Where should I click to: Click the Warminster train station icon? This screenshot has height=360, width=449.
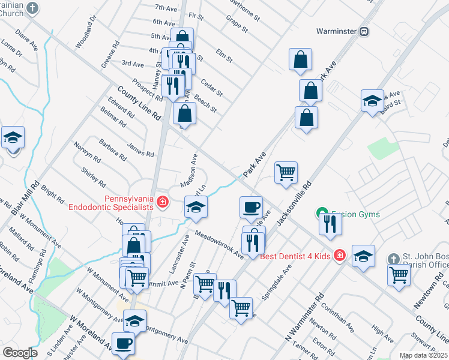point(364,31)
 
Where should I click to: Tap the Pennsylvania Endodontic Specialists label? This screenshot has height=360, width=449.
point(111,203)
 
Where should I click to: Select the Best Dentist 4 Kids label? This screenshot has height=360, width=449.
point(295,256)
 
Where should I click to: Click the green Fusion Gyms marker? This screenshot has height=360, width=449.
point(322,213)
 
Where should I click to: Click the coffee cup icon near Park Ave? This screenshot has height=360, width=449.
point(251,208)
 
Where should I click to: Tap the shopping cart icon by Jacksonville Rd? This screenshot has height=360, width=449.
point(286,173)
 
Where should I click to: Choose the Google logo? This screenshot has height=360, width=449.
point(20,353)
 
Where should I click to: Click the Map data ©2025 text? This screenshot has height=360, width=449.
point(423,355)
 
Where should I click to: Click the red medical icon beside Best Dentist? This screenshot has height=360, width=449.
point(339,256)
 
